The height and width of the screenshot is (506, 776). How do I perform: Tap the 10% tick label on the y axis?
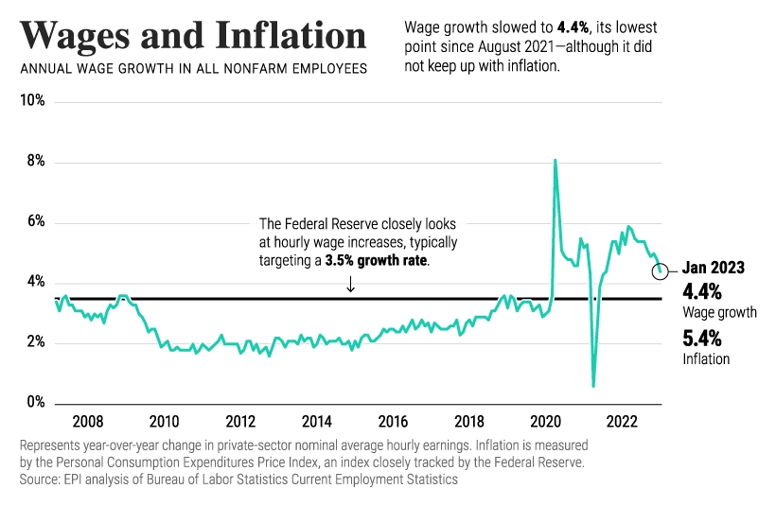click(33, 101)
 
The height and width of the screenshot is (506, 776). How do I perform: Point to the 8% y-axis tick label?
click(36, 162)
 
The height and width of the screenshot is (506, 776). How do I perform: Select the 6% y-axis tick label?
click(36, 222)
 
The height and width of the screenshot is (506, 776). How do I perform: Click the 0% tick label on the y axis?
click(36, 403)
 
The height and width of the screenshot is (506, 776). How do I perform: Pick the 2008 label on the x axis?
click(88, 421)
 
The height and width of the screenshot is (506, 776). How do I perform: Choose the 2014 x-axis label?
click(316, 421)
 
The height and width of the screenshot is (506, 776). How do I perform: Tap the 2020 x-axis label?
click(546, 421)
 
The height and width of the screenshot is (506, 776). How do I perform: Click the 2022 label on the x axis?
click(622, 421)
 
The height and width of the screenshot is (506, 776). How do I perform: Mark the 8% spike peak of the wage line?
click(555, 161)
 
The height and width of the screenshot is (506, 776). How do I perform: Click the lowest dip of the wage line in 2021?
click(593, 385)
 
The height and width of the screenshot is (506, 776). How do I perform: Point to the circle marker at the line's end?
click(661, 271)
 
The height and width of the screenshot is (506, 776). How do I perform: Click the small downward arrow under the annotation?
click(351, 283)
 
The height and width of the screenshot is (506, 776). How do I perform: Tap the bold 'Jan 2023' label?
click(714, 268)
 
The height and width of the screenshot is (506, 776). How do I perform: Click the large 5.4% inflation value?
click(701, 339)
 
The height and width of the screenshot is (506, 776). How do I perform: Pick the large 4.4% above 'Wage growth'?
click(701, 290)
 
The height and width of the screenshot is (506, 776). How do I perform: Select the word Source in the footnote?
click(40, 480)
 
